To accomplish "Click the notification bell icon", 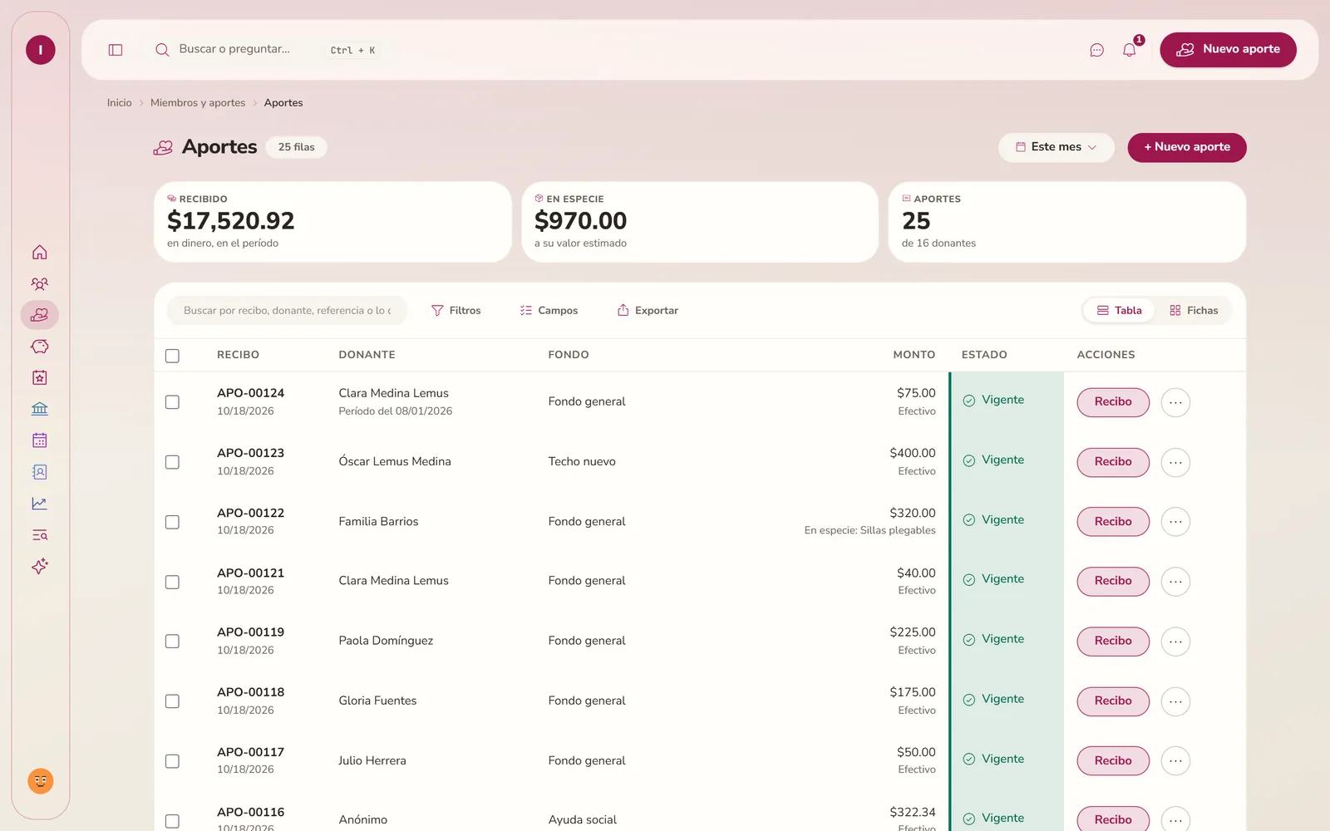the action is (1129, 50).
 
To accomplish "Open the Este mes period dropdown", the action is (1056, 147).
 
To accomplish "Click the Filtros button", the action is (456, 311).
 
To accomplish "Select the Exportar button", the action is (648, 311).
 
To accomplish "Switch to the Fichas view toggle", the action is (1194, 311).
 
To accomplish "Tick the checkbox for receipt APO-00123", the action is (172, 462).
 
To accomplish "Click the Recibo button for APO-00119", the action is (1113, 641).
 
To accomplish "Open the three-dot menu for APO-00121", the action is (1175, 581).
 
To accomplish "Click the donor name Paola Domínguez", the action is (386, 641).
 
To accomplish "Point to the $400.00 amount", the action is (912, 453).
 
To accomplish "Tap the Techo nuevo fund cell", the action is (581, 461).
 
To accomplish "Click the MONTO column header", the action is (914, 354).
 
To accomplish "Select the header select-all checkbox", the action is (172, 356).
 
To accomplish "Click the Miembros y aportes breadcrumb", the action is (198, 103).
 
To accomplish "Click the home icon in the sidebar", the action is (40, 253).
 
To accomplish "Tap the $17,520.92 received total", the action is (230, 221).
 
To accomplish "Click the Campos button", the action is (549, 311).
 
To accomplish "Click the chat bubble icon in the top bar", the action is (1096, 50).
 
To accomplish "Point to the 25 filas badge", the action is (296, 147).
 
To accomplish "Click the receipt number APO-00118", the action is (250, 692).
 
